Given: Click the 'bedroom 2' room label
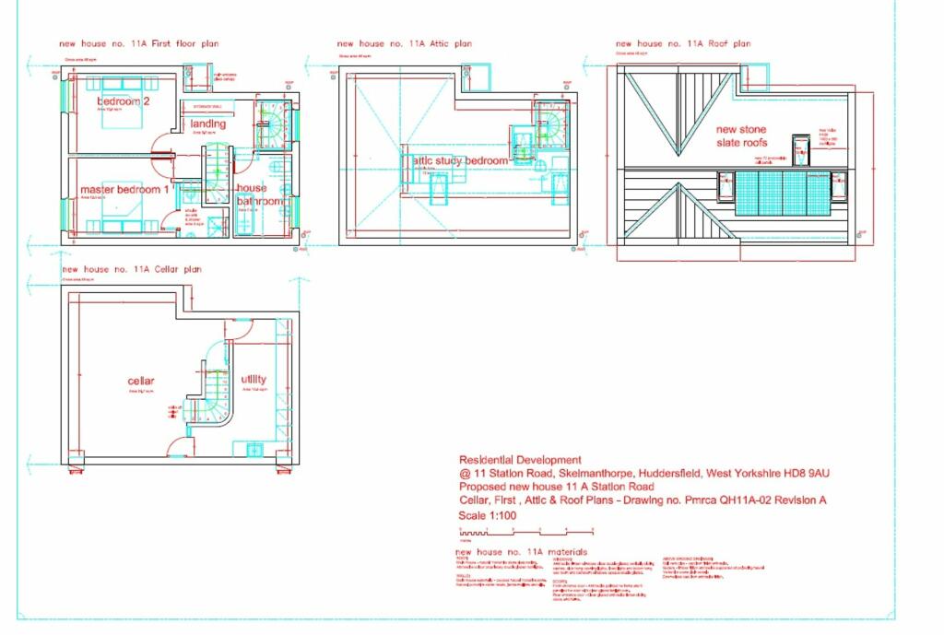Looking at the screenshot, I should tap(123, 100).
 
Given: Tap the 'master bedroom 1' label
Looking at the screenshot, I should tap(124, 189).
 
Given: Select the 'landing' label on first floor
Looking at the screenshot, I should tap(208, 124).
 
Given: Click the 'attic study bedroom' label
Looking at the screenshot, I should tap(460, 160).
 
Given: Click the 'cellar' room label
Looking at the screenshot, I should tap(141, 381).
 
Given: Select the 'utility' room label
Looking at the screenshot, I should tap(254, 379).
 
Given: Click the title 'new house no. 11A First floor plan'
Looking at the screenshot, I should tap(139, 43).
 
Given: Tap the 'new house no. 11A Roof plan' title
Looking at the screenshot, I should tap(683, 43).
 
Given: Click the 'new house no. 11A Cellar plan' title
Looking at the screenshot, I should tap(132, 270).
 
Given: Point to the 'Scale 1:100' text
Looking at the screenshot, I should tap(488, 516).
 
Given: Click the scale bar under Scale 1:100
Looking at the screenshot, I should tap(525, 533).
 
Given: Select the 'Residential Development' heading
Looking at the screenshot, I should tap(520, 460).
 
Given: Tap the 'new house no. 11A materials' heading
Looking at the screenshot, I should tap(521, 552).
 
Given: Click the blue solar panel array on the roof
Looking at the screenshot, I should tap(782, 193).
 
